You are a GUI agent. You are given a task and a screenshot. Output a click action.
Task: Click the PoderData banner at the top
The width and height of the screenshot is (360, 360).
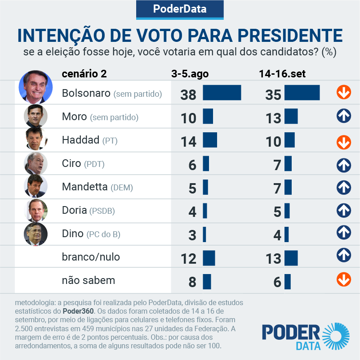(x=180, y=9)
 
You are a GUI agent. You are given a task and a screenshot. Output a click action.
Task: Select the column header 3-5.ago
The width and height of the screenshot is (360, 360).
(x=190, y=74)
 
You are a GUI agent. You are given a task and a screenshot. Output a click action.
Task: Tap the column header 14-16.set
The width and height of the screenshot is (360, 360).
(x=282, y=74)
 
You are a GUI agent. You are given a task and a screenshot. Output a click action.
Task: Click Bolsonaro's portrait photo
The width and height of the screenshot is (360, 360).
(x=36, y=87)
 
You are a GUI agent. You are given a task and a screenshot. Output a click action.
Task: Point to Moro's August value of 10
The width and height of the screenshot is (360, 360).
(x=189, y=118)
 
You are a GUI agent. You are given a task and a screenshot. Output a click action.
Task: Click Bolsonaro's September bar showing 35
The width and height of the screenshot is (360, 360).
(x=302, y=93)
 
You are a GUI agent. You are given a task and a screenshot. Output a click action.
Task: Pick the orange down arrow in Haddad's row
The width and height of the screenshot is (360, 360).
(x=344, y=142)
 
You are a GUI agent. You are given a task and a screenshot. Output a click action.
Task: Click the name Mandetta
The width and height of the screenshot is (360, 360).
(x=84, y=187)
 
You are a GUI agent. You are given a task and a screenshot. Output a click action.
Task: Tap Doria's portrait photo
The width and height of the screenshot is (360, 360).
(x=36, y=210)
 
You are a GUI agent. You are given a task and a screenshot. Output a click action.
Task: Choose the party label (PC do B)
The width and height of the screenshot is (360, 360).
(x=104, y=234)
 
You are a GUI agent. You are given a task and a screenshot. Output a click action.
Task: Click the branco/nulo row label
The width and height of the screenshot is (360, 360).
(x=91, y=257)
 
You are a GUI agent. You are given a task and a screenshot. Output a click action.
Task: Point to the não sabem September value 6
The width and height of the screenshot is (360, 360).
(x=277, y=282)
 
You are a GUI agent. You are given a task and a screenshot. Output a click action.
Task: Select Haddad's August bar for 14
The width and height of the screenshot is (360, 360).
(x=210, y=140)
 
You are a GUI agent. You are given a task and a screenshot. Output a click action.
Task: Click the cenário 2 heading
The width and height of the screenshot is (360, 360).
(x=84, y=74)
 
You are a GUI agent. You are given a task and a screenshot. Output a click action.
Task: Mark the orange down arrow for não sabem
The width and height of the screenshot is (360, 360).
(x=344, y=279)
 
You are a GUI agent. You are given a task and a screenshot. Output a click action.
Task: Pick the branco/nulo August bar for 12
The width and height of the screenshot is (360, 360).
(x=209, y=258)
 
